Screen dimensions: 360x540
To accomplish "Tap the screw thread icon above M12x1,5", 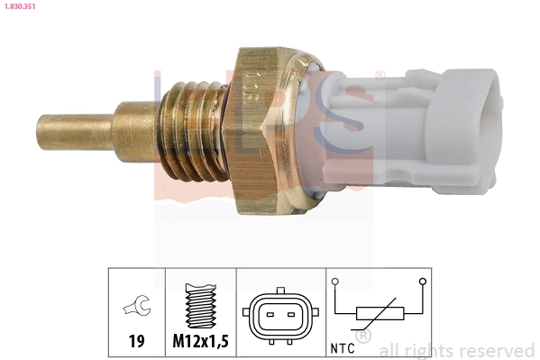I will coord(200,308).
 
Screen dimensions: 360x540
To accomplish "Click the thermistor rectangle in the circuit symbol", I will coord(379,315).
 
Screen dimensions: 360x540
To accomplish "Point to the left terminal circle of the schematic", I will coord(334,282).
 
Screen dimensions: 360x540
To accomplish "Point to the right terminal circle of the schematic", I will coord(422,282).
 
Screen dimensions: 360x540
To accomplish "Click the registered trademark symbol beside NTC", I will coord(363,337).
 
